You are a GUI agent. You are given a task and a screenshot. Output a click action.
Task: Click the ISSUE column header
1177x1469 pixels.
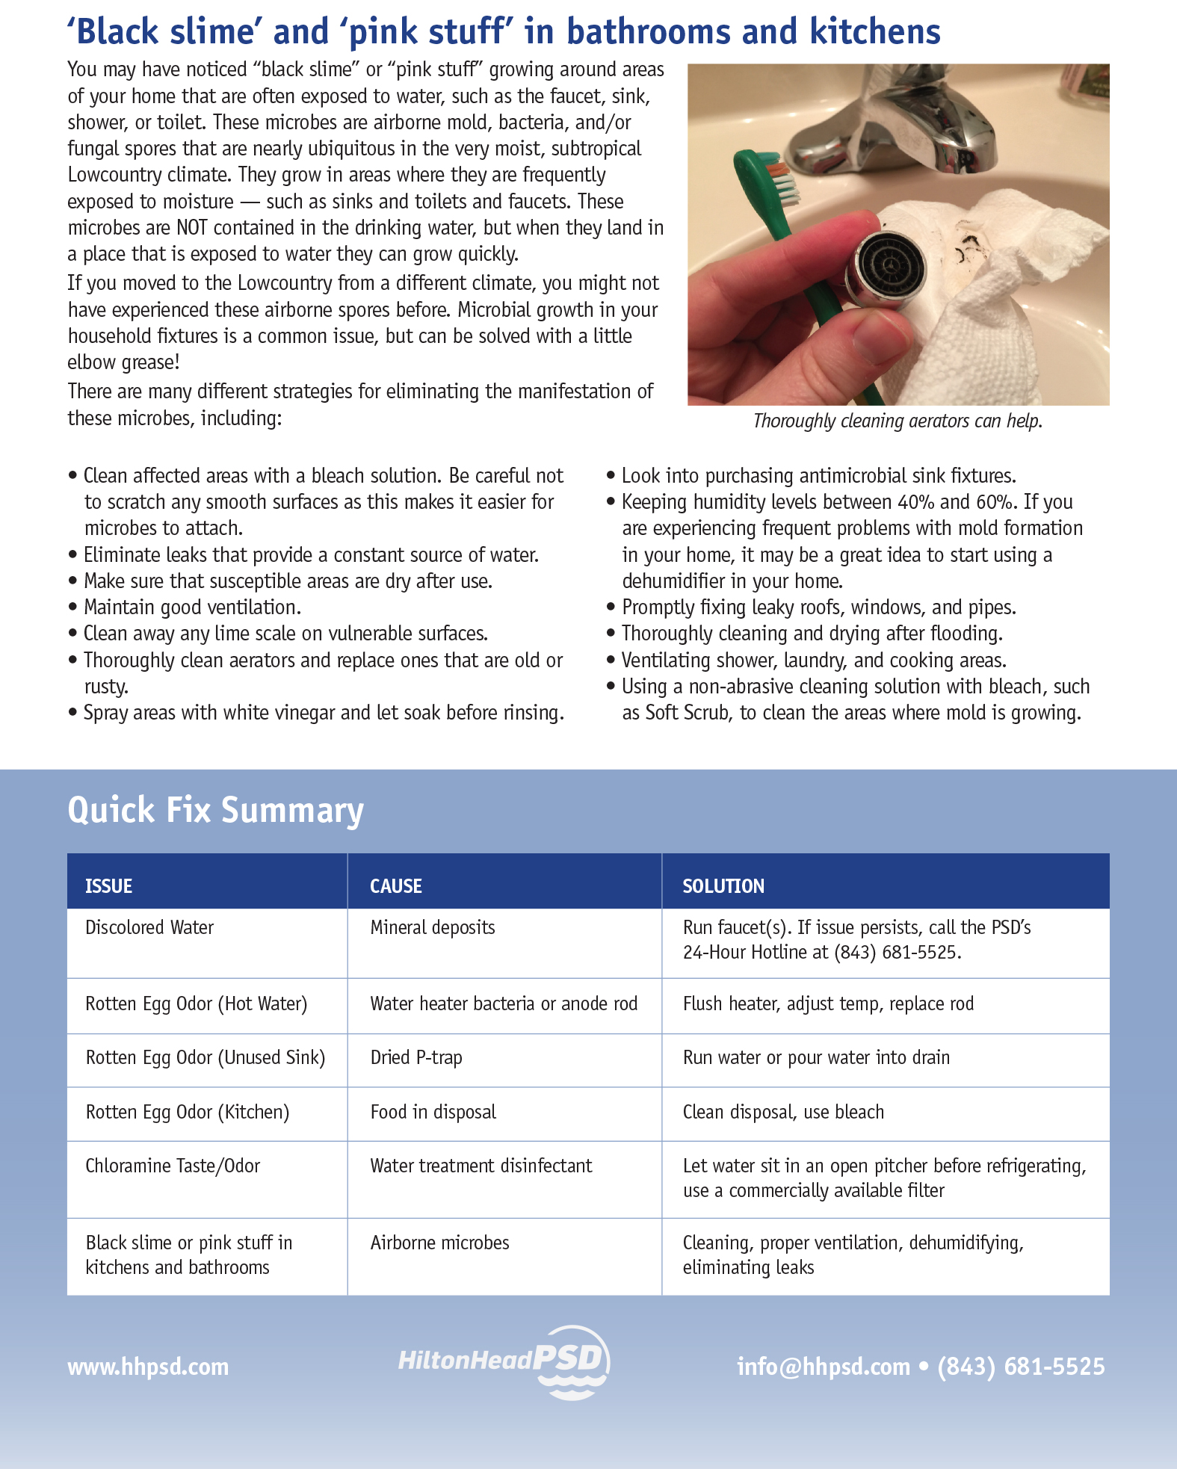(x=109, y=886)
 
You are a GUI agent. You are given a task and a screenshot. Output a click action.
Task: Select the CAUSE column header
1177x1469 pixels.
(x=396, y=886)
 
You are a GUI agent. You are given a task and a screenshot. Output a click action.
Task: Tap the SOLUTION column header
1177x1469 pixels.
(x=723, y=886)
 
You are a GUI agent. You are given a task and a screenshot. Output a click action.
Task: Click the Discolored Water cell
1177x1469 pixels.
(x=149, y=928)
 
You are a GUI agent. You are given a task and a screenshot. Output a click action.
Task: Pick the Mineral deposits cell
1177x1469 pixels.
(x=433, y=928)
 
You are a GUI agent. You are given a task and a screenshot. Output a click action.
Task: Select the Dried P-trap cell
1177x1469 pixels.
(x=416, y=1058)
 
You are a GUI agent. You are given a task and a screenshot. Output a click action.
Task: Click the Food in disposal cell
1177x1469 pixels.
(x=433, y=1113)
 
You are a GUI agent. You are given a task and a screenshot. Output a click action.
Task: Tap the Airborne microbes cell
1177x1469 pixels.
(x=440, y=1243)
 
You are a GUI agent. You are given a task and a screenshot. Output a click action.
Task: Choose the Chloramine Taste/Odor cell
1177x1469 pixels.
(x=173, y=1166)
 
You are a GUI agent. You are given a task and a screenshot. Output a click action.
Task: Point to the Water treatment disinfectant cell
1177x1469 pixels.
(x=481, y=1166)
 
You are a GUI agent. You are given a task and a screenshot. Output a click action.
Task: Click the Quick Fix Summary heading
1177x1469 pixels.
(x=216, y=811)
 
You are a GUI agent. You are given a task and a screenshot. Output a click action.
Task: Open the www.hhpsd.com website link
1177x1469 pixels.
(x=148, y=1367)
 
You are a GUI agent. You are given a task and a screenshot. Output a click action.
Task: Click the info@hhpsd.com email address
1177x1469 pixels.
(x=824, y=1367)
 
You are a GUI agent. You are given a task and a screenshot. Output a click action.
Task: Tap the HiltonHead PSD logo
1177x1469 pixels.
(x=505, y=1361)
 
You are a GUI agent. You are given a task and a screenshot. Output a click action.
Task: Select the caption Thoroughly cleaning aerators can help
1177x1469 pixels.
(x=898, y=421)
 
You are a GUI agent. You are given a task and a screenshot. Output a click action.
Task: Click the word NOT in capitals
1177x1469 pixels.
(x=192, y=228)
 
